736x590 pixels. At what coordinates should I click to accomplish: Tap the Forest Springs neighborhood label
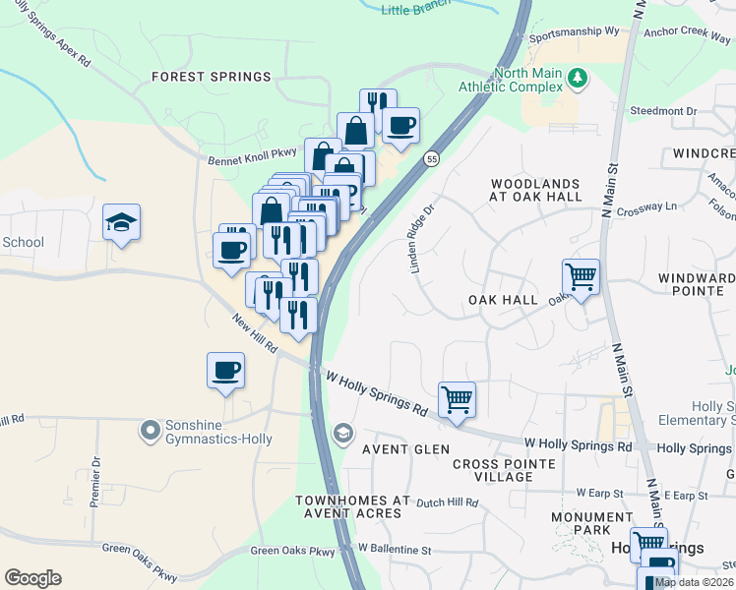pyautogui.click(x=211, y=77)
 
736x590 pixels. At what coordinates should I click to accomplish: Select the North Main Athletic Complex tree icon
pyautogui.click(x=579, y=77)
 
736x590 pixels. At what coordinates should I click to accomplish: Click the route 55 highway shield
pyautogui.click(x=431, y=158)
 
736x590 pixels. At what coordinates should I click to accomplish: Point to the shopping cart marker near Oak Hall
pyautogui.click(x=581, y=277)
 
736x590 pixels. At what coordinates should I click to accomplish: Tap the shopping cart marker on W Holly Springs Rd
pyautogui.click(x=457, y=400)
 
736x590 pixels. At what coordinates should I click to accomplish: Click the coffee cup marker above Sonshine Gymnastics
pyautogui.click(x=226, y=371)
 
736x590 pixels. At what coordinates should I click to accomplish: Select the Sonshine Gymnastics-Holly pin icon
pyautogui.click(x=150, y=430)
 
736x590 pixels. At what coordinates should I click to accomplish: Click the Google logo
pyautogui.click(x=32, y=578)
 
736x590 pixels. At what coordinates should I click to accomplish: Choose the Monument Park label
pyautogui.click(x=592, y=525)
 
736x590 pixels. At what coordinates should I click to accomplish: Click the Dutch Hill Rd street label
pyautogui.click(x=447, y=502)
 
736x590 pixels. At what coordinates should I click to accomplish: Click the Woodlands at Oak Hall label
pyautogui.click(x=536, y=190)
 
